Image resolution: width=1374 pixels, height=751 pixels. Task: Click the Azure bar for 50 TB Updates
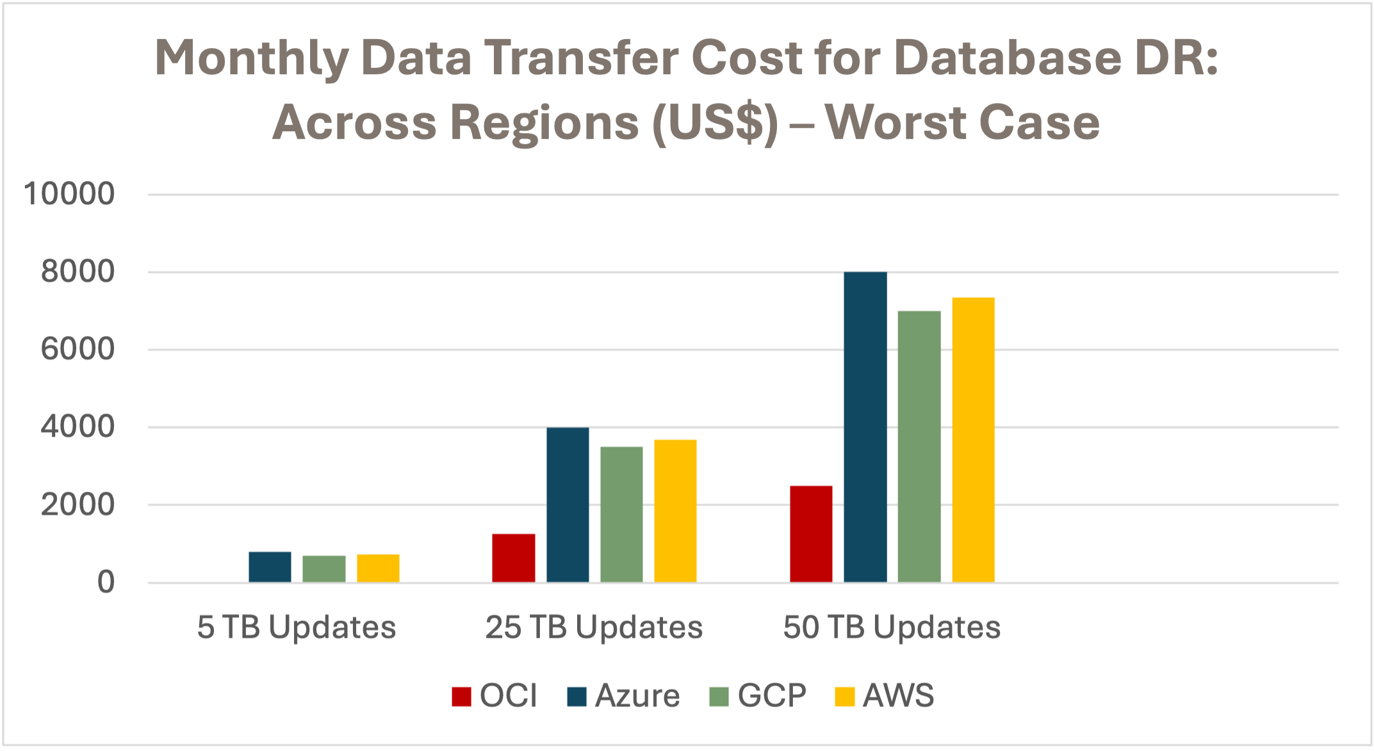pyautogui.click(x=865, y=427)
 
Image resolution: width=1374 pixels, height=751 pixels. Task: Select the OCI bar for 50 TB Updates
pyautogui.click(x=811, y=534)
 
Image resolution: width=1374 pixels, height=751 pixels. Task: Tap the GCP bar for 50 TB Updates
pyautogui.click(x=919, y=446)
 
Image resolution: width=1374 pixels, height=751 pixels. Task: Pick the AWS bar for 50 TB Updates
pyautogui.click(x=973, y=440)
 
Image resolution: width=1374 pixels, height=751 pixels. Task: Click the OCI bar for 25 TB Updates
pyautogui.click(x=513, y=558)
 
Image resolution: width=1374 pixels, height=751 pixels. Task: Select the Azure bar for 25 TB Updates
pyautogui.click(x=568, y=505)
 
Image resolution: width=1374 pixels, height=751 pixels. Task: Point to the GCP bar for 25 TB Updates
pyautogui.click(x=621, y=514)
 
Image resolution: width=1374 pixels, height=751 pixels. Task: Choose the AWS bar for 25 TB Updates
pyautogui.click(x=675, y=511)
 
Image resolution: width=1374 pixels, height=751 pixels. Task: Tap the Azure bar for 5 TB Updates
pyautogui.click(x=270, y=567)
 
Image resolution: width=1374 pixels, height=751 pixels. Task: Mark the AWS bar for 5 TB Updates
pyautogui.click(x=378, y=569)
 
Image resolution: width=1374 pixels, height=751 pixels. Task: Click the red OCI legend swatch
pyautogui.click(x=461, y=697)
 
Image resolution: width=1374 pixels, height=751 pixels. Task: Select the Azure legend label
pyautogui.click(x=637, y=696)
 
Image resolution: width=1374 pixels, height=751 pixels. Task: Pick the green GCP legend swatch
pyautogui.click(x=719, y=697)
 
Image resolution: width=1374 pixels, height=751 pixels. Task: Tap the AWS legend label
pyautogui.click(x=898, y=696)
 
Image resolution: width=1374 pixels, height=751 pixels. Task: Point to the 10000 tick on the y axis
pyautogui.click(x=69, y=194)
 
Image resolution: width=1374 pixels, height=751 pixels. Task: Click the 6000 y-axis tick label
pyautogui.click(x=78, y=350)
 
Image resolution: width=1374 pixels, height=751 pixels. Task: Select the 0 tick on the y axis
pyautogui.click(x=106, y=583)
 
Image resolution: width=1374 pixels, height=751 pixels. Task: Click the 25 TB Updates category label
pyautogui.click(x=594, y=627)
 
